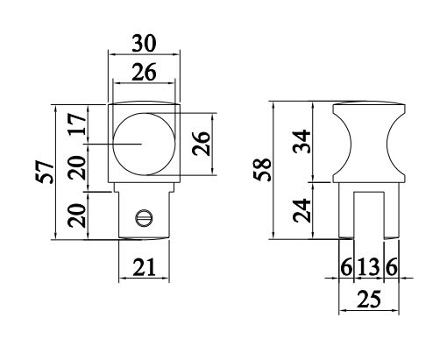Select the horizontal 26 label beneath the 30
coord(144,74)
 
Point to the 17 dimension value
coord(78,126)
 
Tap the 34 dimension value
coord(302,141)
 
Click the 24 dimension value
coord(302,211)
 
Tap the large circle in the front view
coord(145,141)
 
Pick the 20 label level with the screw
coord(78,213)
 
